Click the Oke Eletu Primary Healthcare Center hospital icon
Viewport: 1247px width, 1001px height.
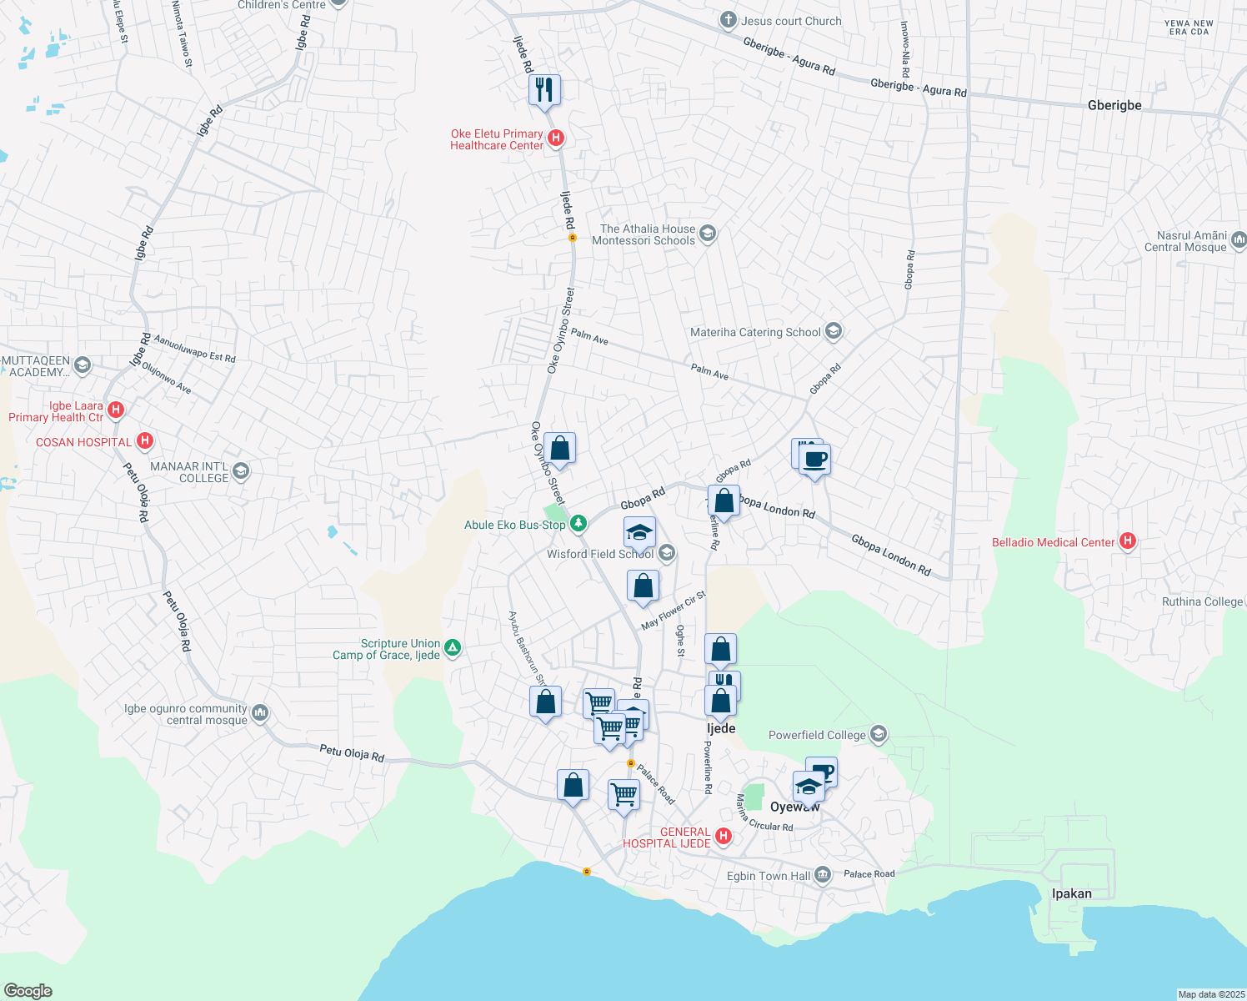pyautogui.click(x=556, y=138)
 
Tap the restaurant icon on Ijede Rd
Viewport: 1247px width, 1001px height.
pyautogui.click(x=544, y=89)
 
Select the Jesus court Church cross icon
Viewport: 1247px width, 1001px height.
pyautogui.click(x=729, y=20)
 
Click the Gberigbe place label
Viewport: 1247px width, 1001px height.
pyautogui.click(x=1114, y=105)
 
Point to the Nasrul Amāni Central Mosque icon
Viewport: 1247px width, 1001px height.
pyautogui.click(x=1239, y=241)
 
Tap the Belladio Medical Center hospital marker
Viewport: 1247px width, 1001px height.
pyautogui.click(x=1128, y=541)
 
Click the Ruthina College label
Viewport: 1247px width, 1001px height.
pyautogui.click(x=1202, y=601)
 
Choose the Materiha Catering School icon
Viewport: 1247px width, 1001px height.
pyautogui.click(x=833, y=331)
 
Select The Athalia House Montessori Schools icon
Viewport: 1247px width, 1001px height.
pyautogui.click(x=708, y=234)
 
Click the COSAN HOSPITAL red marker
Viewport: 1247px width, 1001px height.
pyautogui.click(x=145, y=440)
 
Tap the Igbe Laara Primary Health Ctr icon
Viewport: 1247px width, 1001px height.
pyautogui.click(x=117, y=410)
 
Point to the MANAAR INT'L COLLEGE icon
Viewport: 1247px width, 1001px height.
pyautogui.click(x=241, y=471)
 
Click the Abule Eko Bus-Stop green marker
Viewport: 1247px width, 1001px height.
pyautogui.click(x=578, y=524)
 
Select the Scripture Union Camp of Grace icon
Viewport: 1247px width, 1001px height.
pyautogui.click(x=453, y=647)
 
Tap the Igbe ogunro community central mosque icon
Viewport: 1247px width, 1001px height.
pyautogui.click(x=260, y=712)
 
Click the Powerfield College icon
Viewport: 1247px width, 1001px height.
pyautogui.click(x=878, y=734)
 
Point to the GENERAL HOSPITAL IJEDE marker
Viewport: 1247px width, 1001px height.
pyautogui.click(x=724, y=836)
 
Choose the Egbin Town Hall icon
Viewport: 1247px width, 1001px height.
pyautogui.click(x=824, y=874)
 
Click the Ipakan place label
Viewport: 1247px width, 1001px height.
pyautogui.click(x=1071, y=893)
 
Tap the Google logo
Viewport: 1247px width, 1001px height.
pyautogui.click(x=28, y=991)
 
